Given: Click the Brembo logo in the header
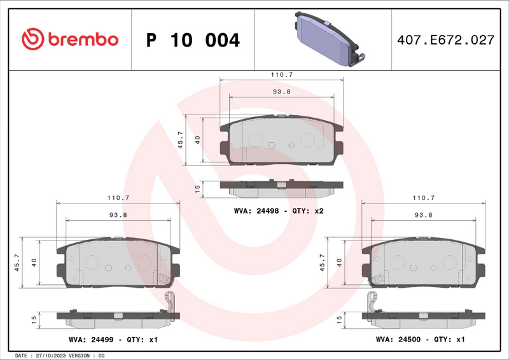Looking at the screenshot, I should [70, 39].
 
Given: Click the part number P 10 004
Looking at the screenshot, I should [193, 40].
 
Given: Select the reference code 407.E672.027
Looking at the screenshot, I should [445, 39].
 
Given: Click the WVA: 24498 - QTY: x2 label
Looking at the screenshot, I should [279, 211].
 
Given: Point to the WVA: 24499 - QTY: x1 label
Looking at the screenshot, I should [113, 340].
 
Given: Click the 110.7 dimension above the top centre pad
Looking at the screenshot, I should [281, 74].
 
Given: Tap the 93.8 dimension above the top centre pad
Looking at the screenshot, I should [281, 92].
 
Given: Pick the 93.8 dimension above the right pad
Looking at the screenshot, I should [423, 215].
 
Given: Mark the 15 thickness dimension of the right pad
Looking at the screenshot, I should [339, 317].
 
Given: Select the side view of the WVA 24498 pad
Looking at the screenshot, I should [280, 186].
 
